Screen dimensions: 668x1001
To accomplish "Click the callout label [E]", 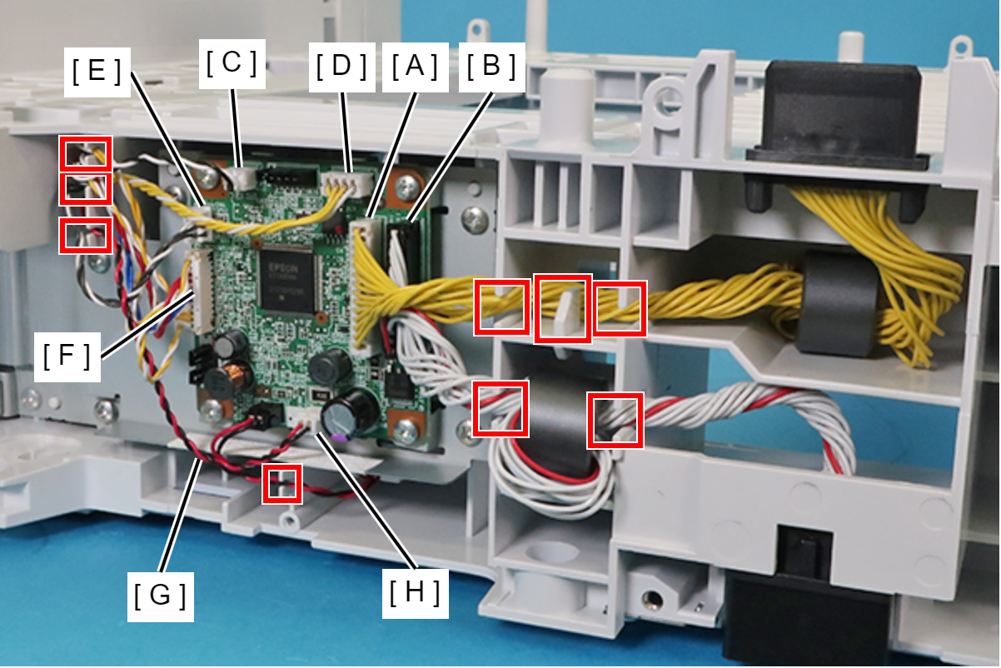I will [97, 72].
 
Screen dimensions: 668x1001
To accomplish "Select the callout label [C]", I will [232, 63].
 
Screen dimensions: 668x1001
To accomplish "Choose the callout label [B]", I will [491, 66].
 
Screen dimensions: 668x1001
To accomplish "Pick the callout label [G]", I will [161, 596].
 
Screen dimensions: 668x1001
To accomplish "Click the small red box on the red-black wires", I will [281, 483].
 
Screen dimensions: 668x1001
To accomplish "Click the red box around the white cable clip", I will [563, 308].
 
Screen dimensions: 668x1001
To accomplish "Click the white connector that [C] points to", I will [243, 177].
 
